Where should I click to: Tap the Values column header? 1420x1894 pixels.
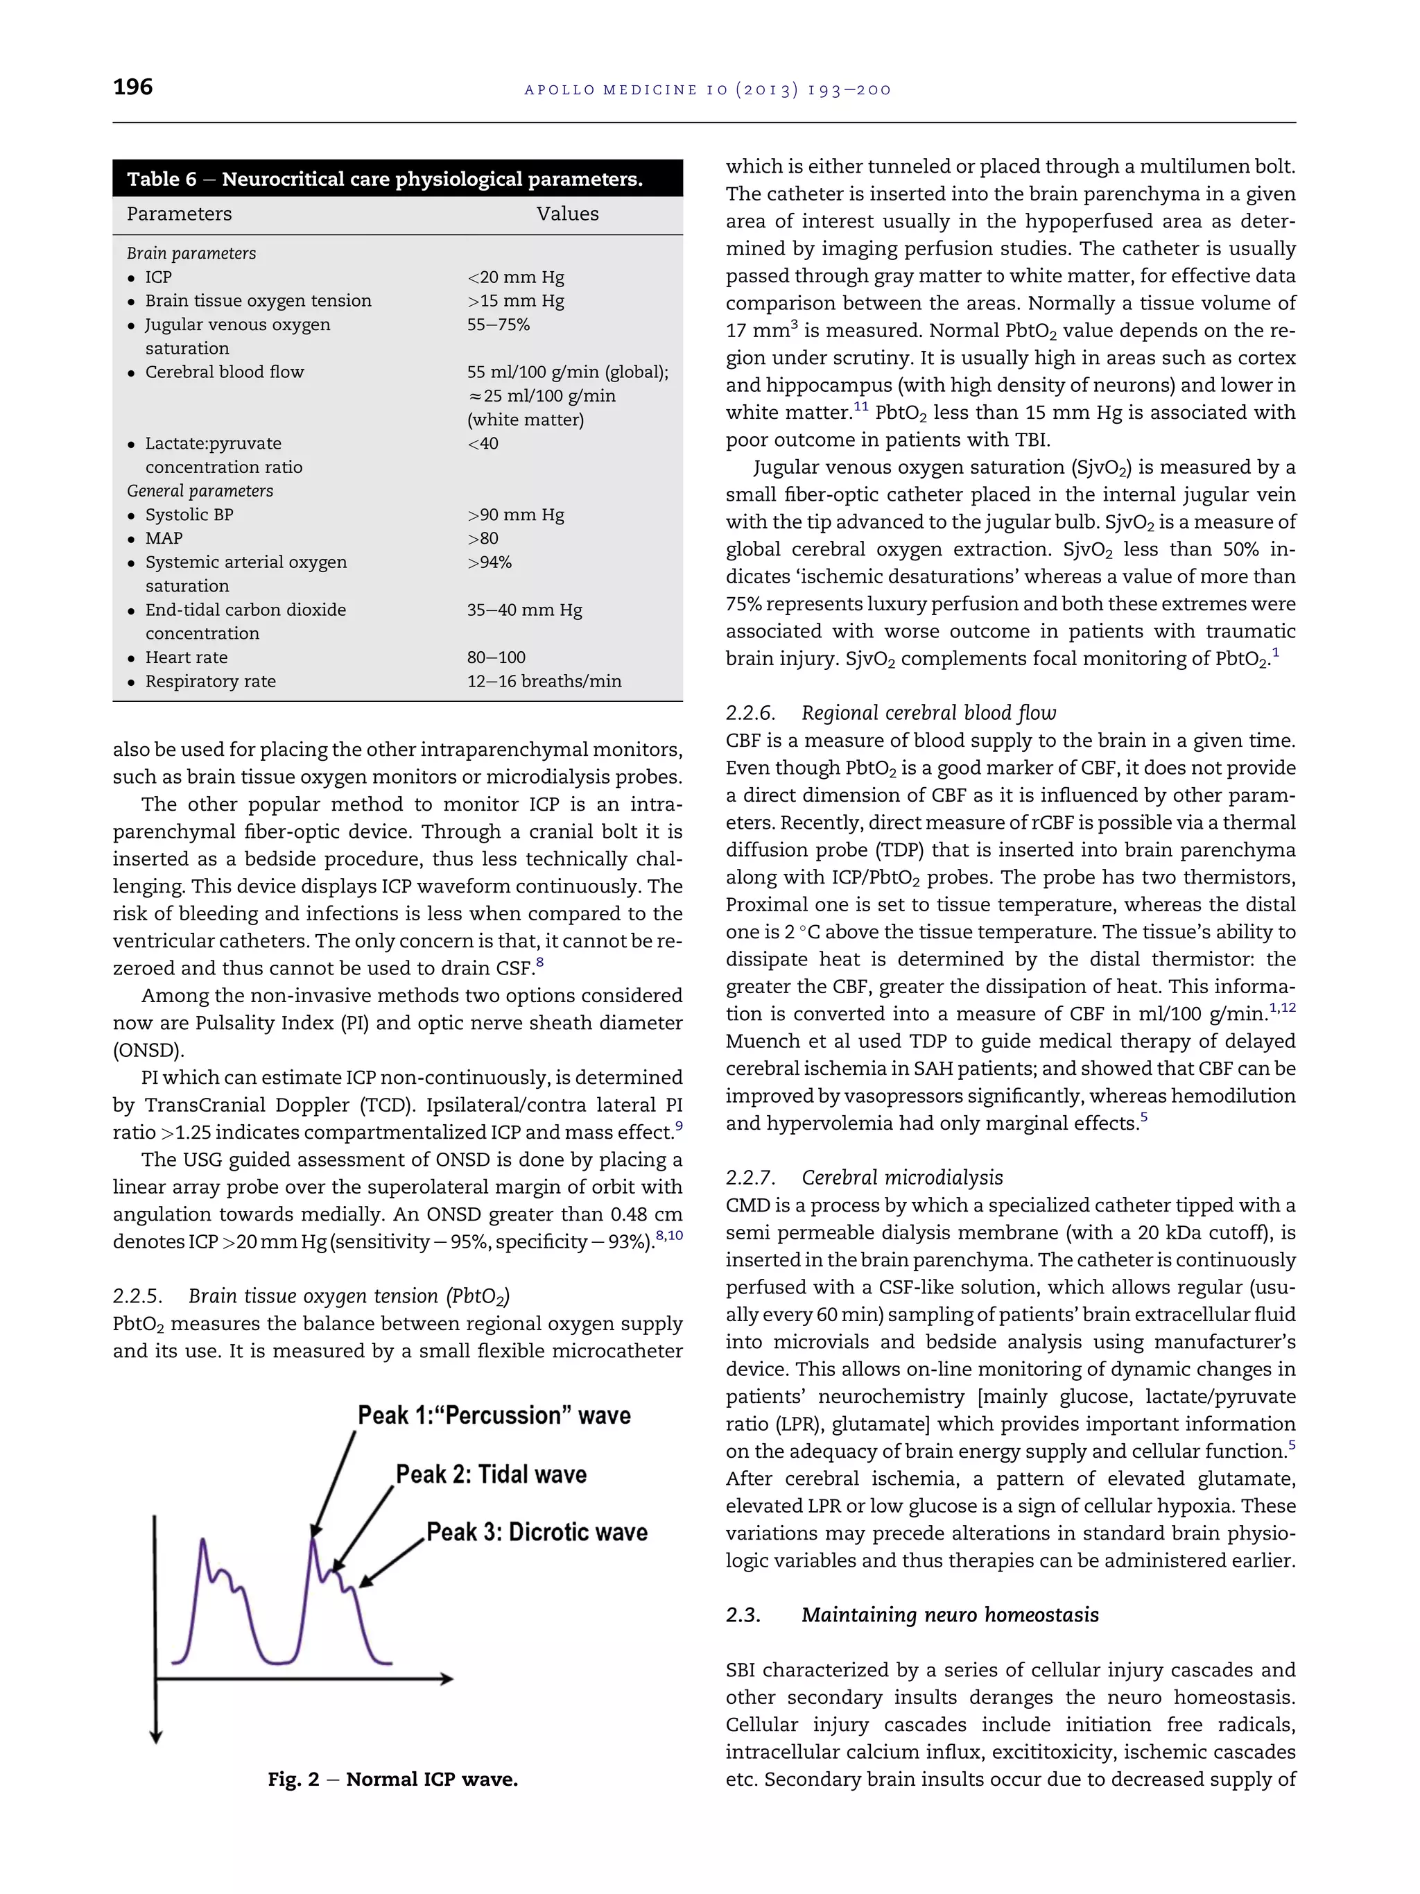[567, 214]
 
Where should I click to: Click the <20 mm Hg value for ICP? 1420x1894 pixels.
[515, 277]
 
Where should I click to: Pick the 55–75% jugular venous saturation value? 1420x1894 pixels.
[498, 325]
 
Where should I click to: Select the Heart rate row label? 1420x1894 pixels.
[186, 657]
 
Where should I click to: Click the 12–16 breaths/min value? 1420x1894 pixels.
[544, 682]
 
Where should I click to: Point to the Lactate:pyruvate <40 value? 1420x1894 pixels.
[483, 444]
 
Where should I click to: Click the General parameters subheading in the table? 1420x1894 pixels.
[200, 490]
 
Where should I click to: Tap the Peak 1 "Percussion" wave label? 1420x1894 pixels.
[494, 1415]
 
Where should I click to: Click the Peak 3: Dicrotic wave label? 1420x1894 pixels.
[537, 1532]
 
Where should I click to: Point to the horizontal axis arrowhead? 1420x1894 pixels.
[446, 1679]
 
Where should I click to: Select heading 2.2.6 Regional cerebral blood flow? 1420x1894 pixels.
[891, 713]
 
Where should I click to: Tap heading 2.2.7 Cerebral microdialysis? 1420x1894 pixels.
[864, 1178]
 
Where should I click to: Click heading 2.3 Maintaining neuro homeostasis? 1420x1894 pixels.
[912, 1615]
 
